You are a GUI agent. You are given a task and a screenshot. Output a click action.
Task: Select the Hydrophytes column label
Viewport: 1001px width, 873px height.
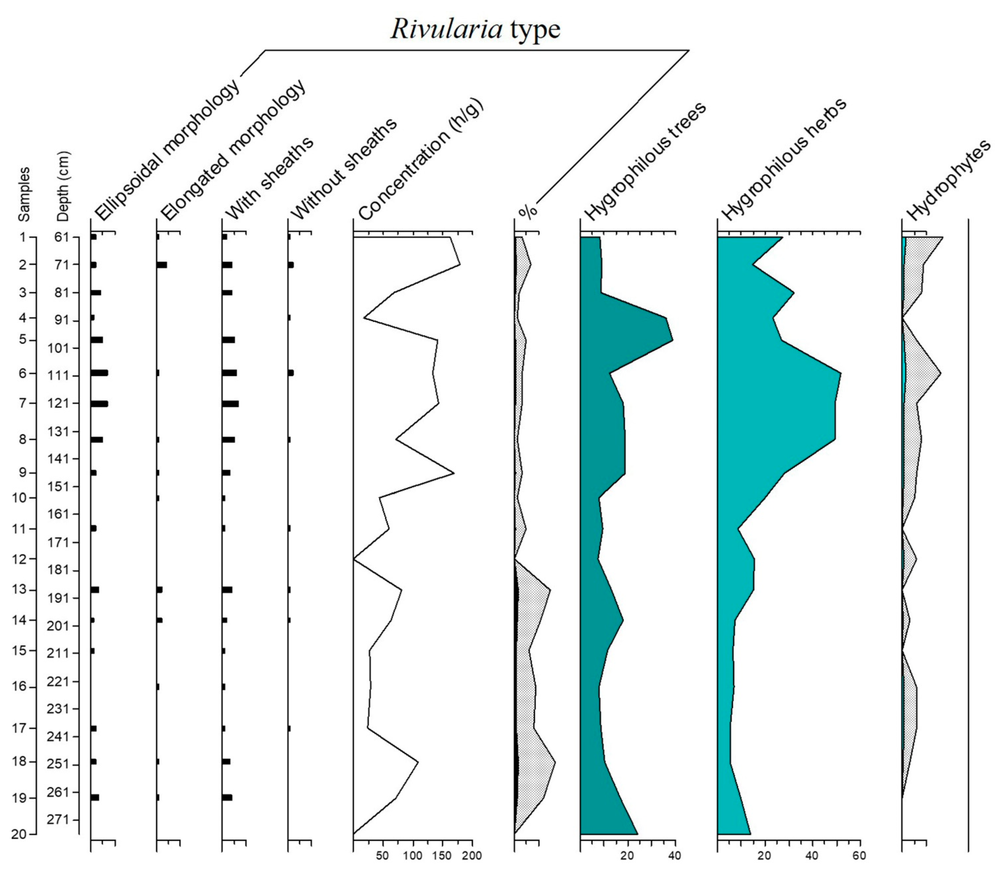point(947,180)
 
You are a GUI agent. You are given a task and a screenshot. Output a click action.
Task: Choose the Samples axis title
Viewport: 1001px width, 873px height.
point(23,194)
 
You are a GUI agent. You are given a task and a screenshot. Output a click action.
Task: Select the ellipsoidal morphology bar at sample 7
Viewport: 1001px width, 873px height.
point(99,403)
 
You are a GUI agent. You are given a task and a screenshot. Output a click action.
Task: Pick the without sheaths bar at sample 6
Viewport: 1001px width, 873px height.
point(291,373)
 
